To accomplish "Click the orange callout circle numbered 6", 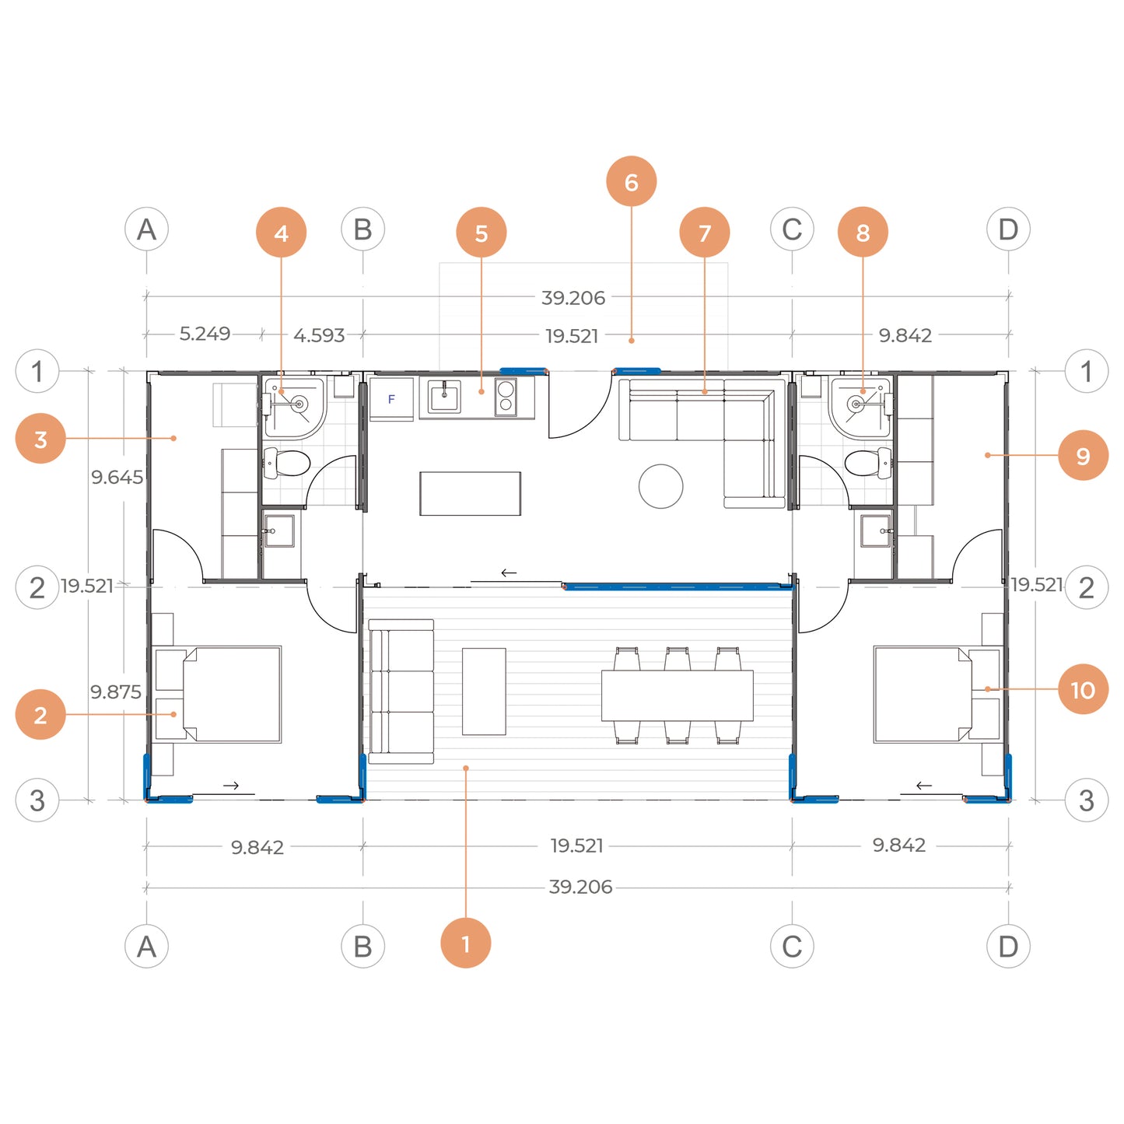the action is [631, 181].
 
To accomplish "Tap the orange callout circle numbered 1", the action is [465, 943].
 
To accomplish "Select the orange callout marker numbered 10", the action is [1084, 689].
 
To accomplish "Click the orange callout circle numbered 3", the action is [40, 438].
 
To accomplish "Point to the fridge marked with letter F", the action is [391, 399].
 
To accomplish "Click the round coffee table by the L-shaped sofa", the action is [660, 486].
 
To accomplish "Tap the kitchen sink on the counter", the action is [444, 397].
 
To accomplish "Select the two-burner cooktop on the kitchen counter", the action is [506, 397].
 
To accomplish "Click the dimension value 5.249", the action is [205, 334].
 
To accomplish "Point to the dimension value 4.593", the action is [319, 335].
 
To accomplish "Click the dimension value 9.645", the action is [117, 477].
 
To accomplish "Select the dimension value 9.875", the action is [115, 692].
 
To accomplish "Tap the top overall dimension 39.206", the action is [573, 298].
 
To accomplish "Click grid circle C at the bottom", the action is [792, 946].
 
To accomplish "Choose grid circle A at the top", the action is [146, 229].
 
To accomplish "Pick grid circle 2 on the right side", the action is [1087, 587].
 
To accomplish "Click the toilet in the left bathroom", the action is [286, 463].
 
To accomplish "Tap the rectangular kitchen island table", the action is [470, 493].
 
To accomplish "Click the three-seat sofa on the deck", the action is [401, 692].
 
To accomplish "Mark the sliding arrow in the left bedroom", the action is [231, 786].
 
